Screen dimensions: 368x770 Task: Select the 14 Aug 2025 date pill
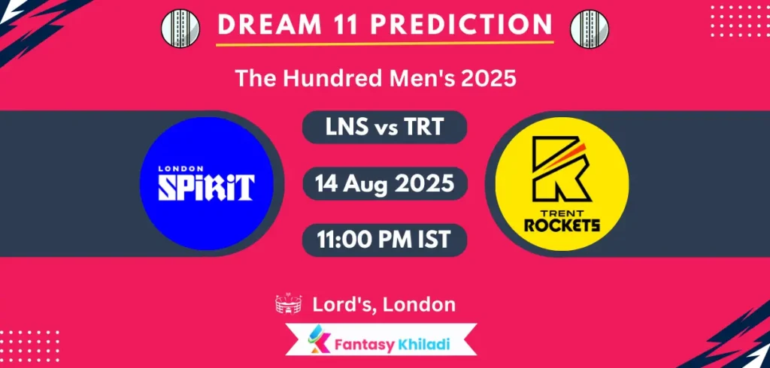[x=384, y=184]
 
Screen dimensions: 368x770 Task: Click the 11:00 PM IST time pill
[x=384, y=240]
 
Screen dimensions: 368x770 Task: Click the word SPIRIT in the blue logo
[x=205, y=187]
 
